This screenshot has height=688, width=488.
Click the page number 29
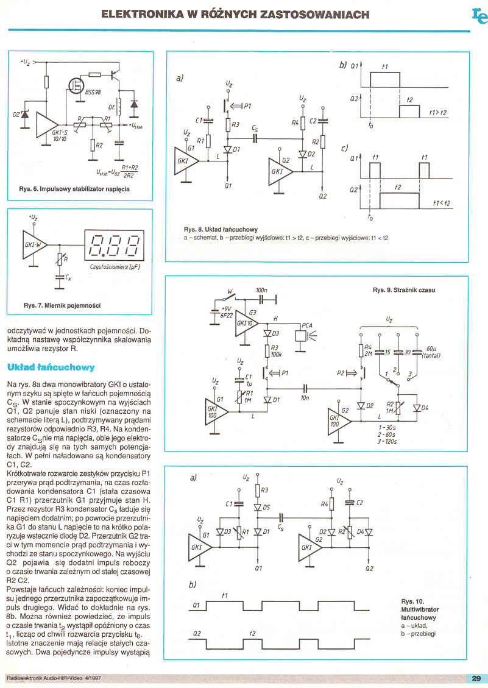[x=476, y=678]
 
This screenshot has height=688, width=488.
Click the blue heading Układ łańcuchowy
[x=51, y=367]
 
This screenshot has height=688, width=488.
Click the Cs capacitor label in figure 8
[x=253, y=129]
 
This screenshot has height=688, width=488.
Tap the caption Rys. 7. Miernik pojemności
[x=62, y=305]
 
